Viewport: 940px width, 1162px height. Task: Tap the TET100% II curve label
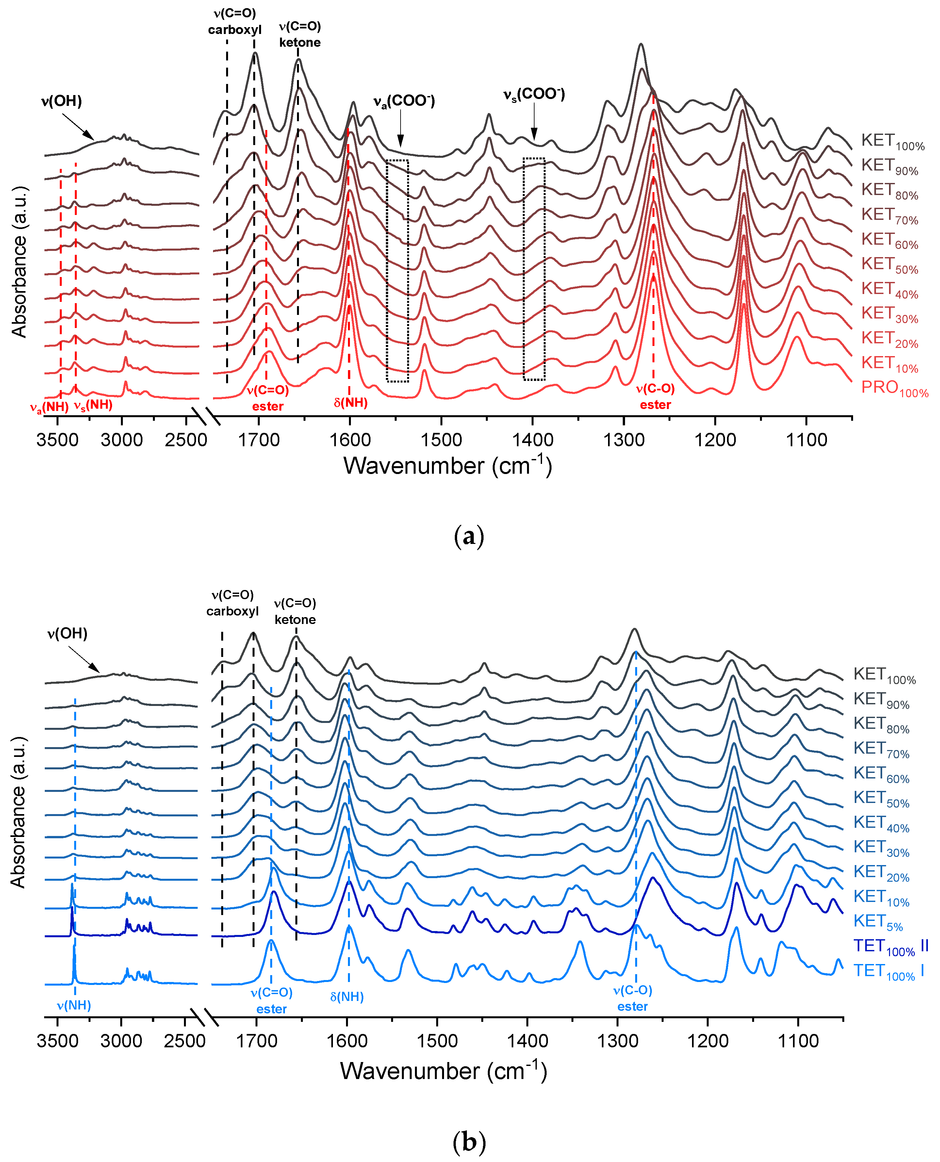coord(890,961)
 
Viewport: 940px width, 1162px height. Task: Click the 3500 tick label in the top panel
coord(58,440)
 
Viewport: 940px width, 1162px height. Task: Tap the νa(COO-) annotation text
coord(404,101)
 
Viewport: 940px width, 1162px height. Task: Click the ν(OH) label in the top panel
coord(61,101)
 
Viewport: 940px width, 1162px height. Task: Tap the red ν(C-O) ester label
coord(655,396)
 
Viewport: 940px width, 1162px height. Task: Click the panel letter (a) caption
coord(469,537)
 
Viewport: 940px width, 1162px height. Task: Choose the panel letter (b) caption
coord(469,1142)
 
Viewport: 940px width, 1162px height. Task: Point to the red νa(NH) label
coord(49,407)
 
